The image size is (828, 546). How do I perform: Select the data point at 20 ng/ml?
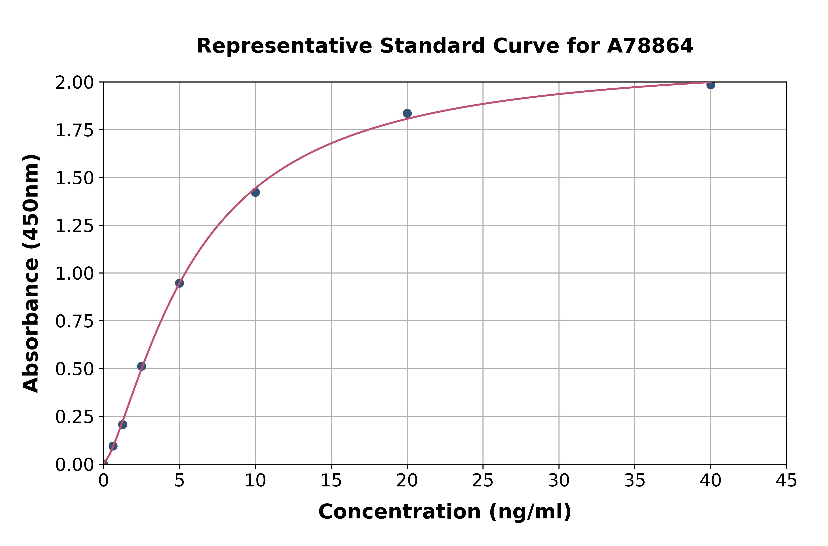pos(407,113)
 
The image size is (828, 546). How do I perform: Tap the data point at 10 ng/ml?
pos(255,192)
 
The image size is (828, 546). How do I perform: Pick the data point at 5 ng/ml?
pos(179,283)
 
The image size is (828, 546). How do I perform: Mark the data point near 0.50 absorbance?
pos(141,366)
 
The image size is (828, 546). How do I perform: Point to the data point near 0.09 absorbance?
pos(113,446)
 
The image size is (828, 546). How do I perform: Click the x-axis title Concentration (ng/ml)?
pos(445,512)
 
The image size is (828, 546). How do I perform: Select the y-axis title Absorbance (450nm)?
pos(31,273)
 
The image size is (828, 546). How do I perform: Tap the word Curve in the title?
pos(527,46)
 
